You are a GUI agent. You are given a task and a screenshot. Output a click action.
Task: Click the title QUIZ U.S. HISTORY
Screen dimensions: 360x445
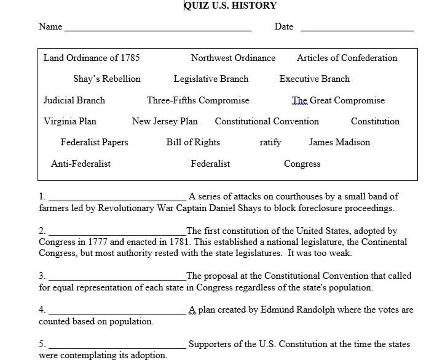[x=230, y=5]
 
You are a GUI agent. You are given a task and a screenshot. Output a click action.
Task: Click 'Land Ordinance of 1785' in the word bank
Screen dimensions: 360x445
[x=91, y=58]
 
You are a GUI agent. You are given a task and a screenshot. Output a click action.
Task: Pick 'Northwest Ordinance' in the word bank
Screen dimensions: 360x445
[x=233, y=58]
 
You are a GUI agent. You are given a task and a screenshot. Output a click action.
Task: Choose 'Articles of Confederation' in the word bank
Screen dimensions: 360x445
[x=347, y=58]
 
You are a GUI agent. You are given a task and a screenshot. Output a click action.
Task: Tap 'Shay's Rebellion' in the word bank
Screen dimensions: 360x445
[x=107, y=79]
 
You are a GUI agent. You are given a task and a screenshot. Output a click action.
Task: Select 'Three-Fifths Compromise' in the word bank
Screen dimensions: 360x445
[x=198, y=100]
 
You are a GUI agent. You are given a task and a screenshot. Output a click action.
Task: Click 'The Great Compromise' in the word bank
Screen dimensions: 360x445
[x=338, y=100]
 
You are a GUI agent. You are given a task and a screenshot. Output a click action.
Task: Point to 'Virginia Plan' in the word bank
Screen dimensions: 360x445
[x=70, y=121]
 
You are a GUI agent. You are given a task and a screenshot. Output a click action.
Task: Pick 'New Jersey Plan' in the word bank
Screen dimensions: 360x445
[x=165, y=121]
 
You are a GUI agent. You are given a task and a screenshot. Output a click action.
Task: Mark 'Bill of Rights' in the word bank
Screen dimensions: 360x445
[x=193, y=142]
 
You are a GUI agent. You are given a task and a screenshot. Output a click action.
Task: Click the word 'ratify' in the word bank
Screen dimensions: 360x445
[x=270, y=143]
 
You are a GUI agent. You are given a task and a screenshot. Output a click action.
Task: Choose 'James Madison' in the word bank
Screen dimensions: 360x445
[x=340, y=142]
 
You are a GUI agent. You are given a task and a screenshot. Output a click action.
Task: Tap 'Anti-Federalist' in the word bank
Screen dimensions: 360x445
[x=81, y=164]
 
